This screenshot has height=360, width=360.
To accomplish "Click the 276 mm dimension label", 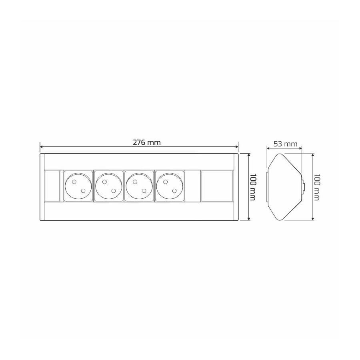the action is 147,142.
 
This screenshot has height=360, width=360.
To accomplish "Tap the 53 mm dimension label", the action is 285,144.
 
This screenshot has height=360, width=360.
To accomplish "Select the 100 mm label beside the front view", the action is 252,187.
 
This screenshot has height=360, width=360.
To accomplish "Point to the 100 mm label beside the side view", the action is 316,187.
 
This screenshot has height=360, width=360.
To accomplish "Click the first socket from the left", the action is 78,186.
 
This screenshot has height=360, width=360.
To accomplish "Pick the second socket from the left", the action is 108,186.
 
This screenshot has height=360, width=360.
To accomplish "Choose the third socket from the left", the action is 139,186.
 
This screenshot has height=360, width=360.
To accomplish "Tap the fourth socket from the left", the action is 170,186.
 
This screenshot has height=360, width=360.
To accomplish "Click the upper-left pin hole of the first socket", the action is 74,182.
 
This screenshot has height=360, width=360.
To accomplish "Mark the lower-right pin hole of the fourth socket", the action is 174,191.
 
